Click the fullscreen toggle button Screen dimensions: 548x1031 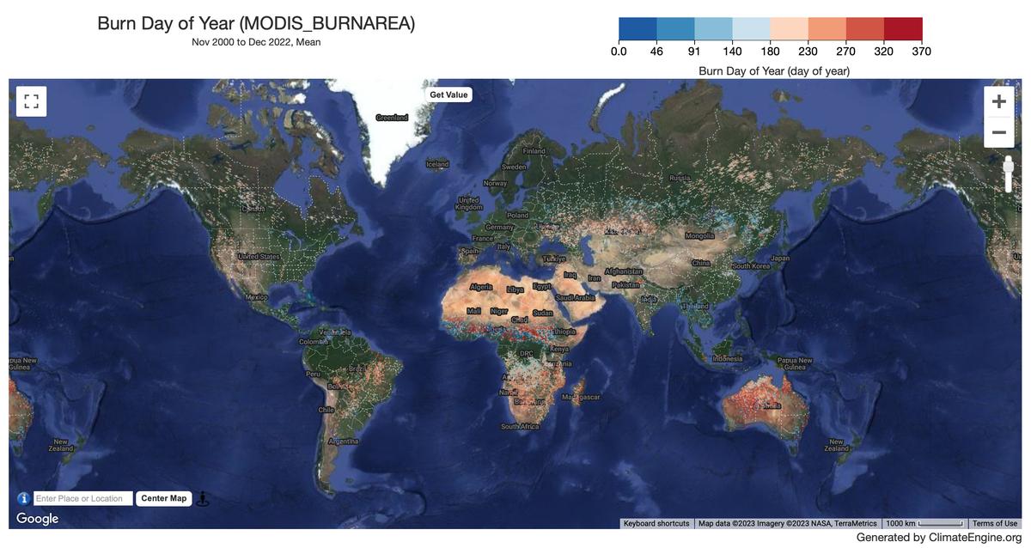(31, 101)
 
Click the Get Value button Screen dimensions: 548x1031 (448, 94)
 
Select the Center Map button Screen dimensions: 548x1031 (163, 498)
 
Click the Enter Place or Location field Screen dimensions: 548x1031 (83, 498)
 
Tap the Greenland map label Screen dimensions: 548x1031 (392, 118)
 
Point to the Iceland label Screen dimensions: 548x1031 (437, 164)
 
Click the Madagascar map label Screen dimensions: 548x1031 (581, 397)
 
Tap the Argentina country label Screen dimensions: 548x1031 (344, 441)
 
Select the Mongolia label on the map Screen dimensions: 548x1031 (699, 235)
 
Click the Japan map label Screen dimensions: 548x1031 (779, 258)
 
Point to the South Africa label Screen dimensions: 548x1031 (520, 426)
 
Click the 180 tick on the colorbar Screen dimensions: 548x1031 (770, 52)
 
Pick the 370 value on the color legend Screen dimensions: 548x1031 (921, 52)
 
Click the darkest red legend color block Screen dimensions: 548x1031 (903, 29)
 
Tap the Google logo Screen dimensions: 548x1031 (38, 519)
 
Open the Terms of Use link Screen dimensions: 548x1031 (994, 523)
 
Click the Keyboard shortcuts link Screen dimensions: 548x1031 (656, 523)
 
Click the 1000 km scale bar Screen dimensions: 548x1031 (924, 523)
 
